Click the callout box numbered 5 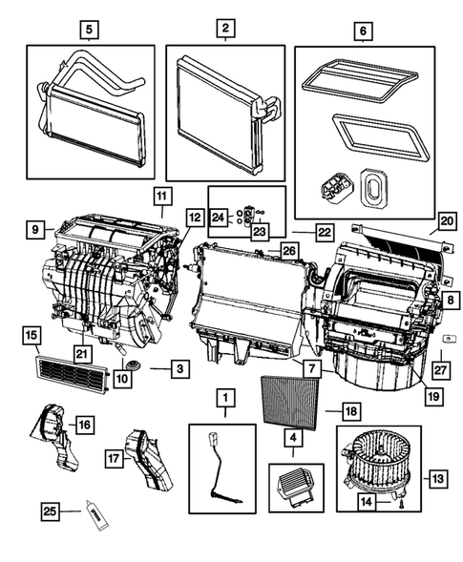click(89, 31)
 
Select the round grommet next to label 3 click(132, 365)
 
